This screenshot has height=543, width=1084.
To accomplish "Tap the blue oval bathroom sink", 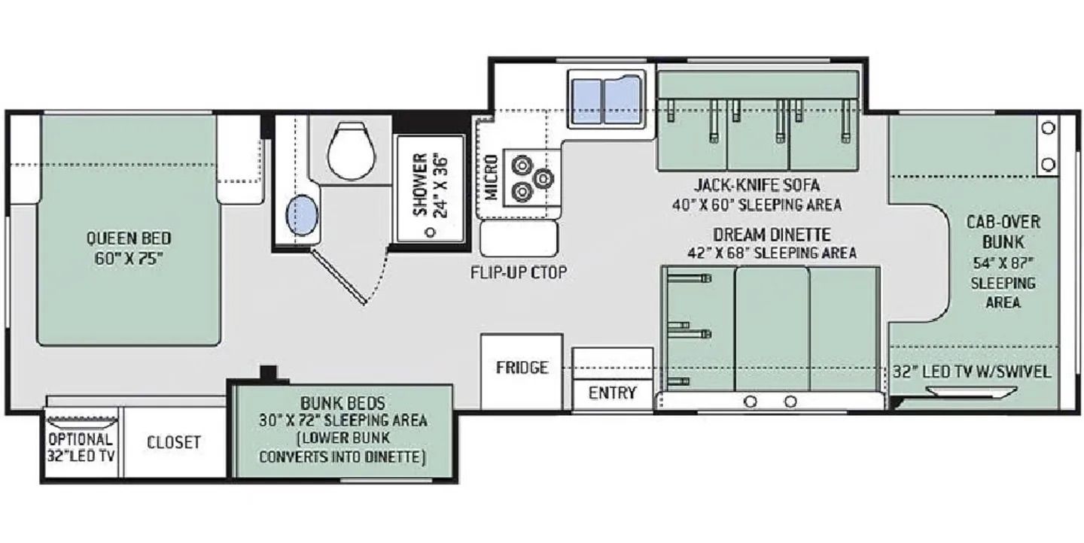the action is (303, 215).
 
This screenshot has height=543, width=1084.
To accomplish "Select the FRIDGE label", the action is (522, 368).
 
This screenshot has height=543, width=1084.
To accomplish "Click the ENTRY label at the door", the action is (612, 393).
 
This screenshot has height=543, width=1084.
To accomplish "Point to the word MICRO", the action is (491, 177).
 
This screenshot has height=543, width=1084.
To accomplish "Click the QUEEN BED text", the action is (129, 238).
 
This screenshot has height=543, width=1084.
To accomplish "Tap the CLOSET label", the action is (174, 442).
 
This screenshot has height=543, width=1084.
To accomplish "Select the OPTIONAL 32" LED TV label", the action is (81, 447).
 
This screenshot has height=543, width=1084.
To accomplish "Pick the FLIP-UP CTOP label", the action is (518, 273).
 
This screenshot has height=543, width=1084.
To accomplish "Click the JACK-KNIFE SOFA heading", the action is (757, 185).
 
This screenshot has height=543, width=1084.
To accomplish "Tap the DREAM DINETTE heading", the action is (772, 235).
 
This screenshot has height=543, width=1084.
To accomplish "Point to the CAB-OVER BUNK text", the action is (1003, 232).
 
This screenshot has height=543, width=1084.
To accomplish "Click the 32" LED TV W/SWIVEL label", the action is (972, 372).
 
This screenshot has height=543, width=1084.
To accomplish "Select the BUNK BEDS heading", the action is (343, 403).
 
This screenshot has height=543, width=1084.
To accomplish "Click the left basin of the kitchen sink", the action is (587, 101).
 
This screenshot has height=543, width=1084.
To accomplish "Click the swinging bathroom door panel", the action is (338, 277).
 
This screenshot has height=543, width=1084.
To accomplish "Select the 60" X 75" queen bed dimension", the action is (129, 259).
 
